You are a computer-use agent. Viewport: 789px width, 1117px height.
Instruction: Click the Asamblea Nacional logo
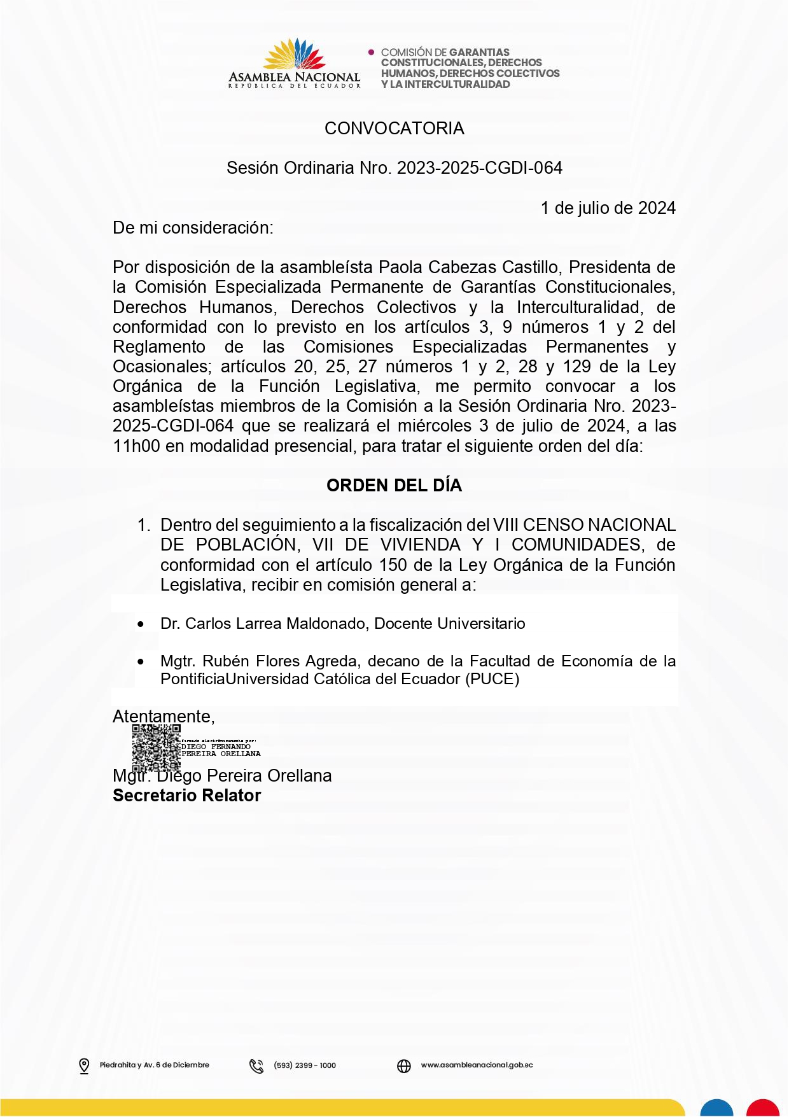click(294, 64)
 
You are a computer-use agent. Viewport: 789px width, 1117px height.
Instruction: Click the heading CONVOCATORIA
click(394, 129)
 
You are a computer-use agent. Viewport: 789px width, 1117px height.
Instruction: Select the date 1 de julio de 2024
click(608, 208)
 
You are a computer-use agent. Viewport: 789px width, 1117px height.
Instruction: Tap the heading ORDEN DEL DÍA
click(394, 486)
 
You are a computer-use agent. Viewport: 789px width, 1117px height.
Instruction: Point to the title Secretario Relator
click(186, 796)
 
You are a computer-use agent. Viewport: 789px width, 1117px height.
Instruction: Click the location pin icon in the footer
click(84, 1065)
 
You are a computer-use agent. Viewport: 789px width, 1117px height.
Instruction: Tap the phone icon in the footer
click(256, 1066)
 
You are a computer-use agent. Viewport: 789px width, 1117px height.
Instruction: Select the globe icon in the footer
click(404, 1066)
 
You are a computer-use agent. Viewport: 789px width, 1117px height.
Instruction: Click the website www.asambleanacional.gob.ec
click(477, 1065)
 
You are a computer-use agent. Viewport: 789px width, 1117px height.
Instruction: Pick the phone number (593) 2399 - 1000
click(305, 1065)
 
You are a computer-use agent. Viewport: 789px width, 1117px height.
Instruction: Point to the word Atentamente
click(162, 717)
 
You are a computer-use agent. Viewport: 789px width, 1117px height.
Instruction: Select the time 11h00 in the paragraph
click(136, 446)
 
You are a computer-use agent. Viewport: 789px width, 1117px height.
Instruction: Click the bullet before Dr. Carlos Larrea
click(141, 624)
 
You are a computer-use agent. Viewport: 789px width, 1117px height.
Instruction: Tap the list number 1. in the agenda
click(144, 525)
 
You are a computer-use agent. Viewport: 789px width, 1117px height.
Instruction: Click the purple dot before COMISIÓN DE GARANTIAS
click(372, 52)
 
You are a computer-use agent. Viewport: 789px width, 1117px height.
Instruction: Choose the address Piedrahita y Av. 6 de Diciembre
click(154, 1065)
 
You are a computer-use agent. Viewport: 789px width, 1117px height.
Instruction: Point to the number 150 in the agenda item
click(393, 565)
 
